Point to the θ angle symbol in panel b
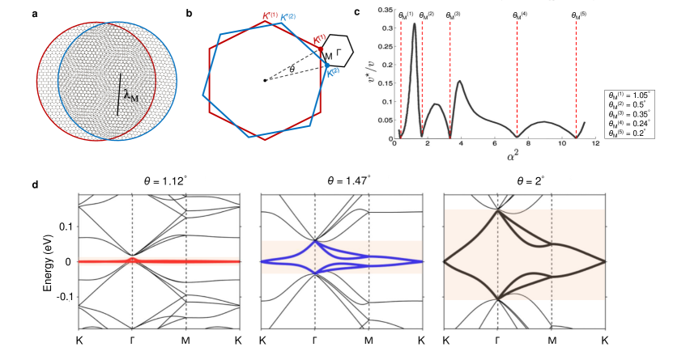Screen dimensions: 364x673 292,70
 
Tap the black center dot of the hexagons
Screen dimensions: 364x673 265,80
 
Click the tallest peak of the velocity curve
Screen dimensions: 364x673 415,24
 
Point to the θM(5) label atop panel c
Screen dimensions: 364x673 577,15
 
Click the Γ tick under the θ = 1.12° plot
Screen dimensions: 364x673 132,341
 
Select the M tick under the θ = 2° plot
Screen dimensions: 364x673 552,341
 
